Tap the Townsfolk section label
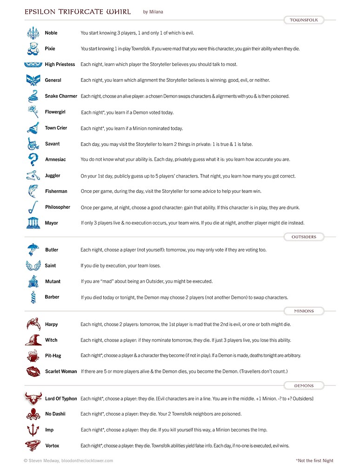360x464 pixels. tap(304, 20)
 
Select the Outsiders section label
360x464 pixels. tap(304, 237)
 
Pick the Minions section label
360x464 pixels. tap(304, 311)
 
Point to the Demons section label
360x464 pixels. tap(304, 385)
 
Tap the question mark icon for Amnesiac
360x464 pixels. tap(33, 159)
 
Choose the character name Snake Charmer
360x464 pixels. tap(61, 96)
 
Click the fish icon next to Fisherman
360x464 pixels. tap(33, 191)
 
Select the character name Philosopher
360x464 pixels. tap(58, 207)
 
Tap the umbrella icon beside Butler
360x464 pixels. tap(33, 250)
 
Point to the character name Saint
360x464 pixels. tap(50, 265)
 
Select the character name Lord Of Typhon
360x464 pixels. tap(61, 398)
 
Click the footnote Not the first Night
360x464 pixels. tap(314, 460)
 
